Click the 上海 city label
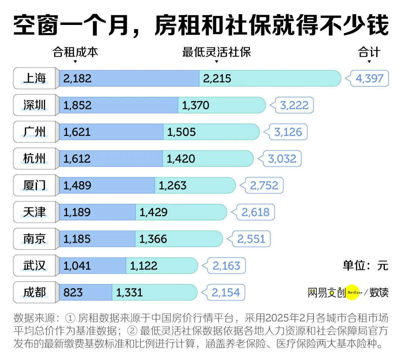(x=35, y=79)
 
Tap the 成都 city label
(x=35, y=293)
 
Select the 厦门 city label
(x=35, y=185)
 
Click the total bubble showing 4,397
(x=369, y=79)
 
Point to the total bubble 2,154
(x=226, y=293)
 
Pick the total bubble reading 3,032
(x=282, y=159)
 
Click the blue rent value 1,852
(x=77, y=105)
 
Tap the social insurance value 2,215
(x=217, y=79)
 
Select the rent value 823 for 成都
(x=73, y=293)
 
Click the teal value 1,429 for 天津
(x=153, y=212)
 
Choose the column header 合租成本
(x=76, y=52)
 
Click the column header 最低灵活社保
(x=217, y=52)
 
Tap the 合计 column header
(x=369, y=52)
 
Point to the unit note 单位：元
(x=365, y=265)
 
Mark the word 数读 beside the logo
(x=379, y=293)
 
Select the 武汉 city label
(x=35, y=266)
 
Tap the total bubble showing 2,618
(x=255, y=212)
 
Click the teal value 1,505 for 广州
(x=181, y=132)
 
